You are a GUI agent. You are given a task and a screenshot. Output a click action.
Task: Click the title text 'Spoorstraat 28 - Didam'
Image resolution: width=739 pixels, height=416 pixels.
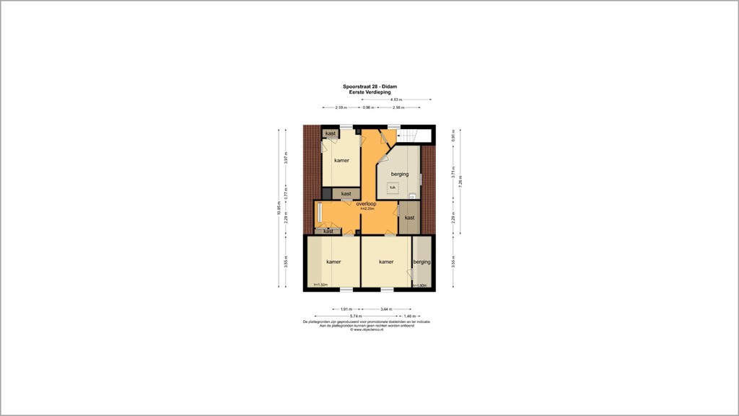[369, 87]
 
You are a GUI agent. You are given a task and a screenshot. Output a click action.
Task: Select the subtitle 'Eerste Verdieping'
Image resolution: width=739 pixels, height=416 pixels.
[369, 92]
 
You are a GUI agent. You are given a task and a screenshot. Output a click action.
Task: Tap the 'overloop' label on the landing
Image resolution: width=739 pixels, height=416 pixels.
[366, 204]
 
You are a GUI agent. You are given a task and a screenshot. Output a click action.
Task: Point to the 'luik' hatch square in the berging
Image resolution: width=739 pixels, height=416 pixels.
[393, 187]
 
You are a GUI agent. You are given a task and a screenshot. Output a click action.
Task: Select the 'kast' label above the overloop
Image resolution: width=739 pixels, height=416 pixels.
[346, 193]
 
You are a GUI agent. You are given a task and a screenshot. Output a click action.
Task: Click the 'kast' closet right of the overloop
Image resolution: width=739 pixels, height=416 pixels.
[409, 217]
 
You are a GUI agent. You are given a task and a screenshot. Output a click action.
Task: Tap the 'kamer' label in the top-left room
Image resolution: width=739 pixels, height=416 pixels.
[341, 160]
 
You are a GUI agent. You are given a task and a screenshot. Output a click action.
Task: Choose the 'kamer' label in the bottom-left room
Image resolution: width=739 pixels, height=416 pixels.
[333, 262]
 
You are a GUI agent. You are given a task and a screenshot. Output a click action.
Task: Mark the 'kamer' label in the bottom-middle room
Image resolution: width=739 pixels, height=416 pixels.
[386, 262]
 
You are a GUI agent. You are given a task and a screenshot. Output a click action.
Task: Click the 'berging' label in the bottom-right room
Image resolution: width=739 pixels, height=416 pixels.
[421, 262]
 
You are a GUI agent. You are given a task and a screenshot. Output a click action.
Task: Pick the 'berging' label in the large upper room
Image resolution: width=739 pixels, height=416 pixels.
[400, 174]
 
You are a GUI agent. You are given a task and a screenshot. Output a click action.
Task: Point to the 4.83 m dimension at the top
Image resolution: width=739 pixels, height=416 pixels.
[396, 99]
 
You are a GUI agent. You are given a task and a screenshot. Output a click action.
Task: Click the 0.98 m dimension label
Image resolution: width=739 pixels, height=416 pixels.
[367, 107]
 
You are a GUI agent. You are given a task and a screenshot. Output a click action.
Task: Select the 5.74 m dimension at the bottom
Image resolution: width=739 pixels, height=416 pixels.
[356, 316]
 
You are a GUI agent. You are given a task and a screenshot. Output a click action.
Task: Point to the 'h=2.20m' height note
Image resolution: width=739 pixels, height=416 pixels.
[366, 209]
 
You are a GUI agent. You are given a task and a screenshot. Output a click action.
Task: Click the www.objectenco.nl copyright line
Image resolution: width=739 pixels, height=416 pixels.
[367, 329]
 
